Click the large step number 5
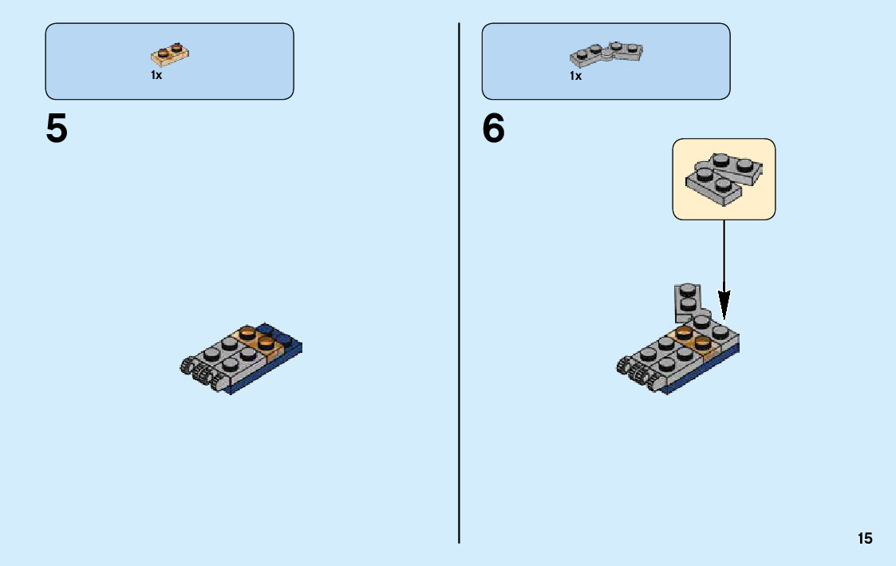pos(57,129)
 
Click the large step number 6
pos(494,129)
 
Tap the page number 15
pos(865,539)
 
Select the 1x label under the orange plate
pos(156,75)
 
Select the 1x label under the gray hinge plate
pos(575,76)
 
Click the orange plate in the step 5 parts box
pos(170,54)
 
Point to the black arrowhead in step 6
pos(724,304)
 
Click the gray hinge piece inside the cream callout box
pos(722,175)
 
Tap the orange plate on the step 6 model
pos(693,339)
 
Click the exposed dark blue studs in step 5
pos(275,334)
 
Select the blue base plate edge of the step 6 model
pos(702,374)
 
